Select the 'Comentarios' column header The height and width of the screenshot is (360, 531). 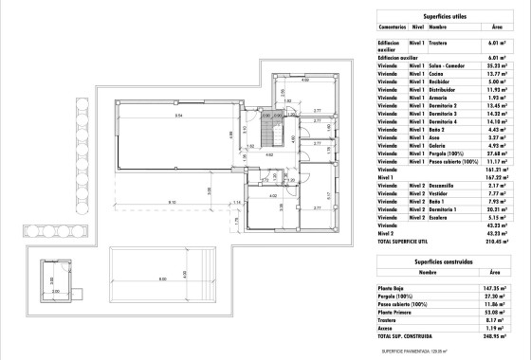[x=393, y=28]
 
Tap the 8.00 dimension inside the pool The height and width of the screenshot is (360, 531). [x=162, y=278]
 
